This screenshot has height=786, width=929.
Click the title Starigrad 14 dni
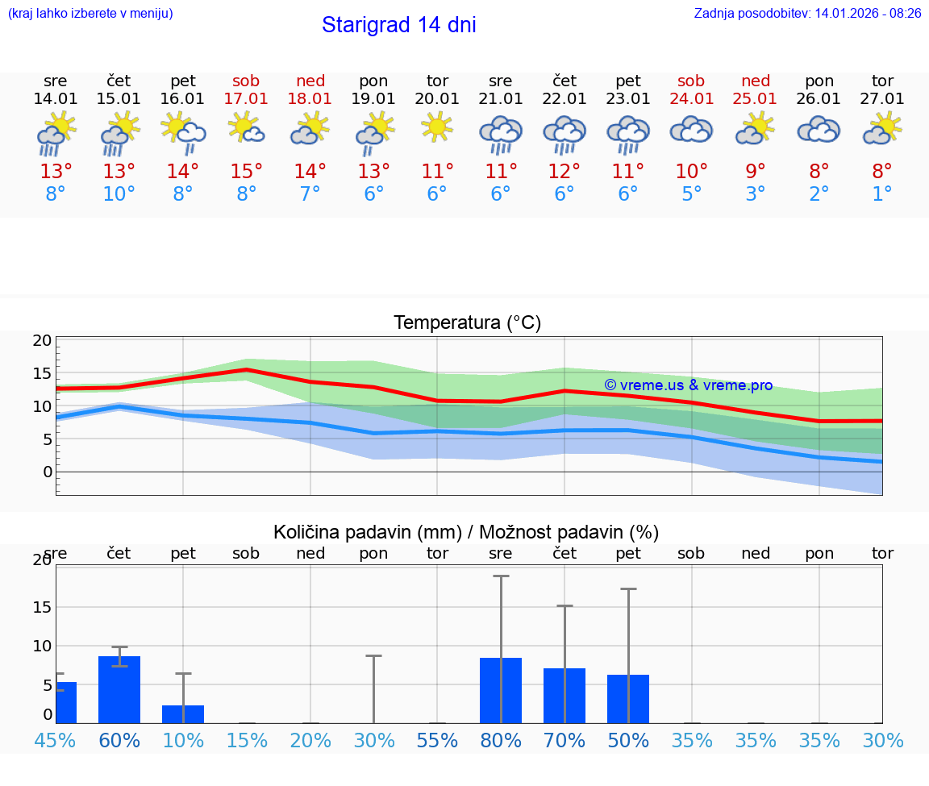[398, 25]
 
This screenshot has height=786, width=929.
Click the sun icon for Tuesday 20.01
[437, 127]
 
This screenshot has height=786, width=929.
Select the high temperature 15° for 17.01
[246, 172]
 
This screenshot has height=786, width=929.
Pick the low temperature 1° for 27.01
[882, 194]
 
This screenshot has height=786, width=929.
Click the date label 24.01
[691, 99]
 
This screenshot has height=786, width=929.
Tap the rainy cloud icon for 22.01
[564, 134]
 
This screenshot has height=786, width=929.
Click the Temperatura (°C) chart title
[467, 323]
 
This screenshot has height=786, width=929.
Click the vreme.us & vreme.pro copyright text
[688, 385]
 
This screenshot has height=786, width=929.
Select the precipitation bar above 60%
[119, 689]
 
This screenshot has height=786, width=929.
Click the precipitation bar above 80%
[501, 690]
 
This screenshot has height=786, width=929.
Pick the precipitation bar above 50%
[628, 698]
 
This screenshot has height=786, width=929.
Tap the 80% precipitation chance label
[501, 740]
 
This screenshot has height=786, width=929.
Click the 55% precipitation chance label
[437, 740]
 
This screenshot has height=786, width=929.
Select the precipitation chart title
[466, 532]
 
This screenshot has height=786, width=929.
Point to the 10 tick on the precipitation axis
[42, 646]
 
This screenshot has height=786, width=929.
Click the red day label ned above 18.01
[310, 81]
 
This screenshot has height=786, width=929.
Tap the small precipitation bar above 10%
[183, 714]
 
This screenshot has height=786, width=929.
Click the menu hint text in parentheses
[90, 14]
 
